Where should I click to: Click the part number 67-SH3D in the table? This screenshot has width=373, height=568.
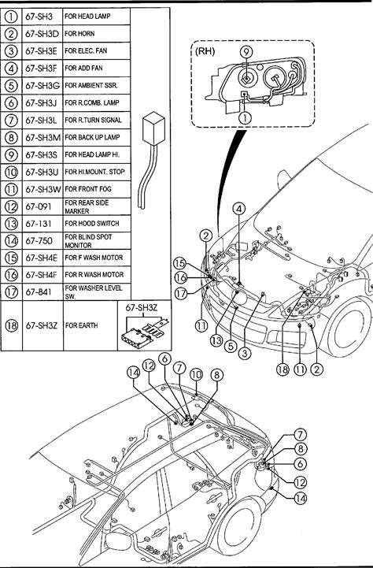point(42,34)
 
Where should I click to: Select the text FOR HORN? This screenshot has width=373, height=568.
point(79,34)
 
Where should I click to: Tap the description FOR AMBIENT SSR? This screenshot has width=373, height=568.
point(91,86)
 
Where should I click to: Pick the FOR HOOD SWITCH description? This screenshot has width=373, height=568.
point(92,224)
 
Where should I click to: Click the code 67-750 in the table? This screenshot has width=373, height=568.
point(39,241)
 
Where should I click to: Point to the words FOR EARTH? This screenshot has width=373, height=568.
point(81,325)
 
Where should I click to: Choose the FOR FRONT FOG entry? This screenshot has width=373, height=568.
point(88,189)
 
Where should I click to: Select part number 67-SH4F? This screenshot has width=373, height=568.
point(41,275)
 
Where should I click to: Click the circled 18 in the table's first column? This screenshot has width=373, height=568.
point(11,325)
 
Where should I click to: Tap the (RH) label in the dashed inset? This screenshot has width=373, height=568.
point(205,51)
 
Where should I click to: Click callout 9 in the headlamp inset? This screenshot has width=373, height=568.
point(246,52)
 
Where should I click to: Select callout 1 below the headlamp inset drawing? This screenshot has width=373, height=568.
point(246,117)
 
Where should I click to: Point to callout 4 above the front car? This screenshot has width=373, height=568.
point(239,209)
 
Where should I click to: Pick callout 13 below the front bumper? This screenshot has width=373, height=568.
point(216,340)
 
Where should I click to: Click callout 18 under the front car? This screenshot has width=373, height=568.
point(283,369)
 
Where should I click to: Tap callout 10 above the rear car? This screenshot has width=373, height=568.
point(196,374)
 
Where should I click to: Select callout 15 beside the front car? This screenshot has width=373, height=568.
point(179,263)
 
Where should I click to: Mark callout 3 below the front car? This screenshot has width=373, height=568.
point(245,353)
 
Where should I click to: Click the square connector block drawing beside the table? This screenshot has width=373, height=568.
point(153,128)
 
